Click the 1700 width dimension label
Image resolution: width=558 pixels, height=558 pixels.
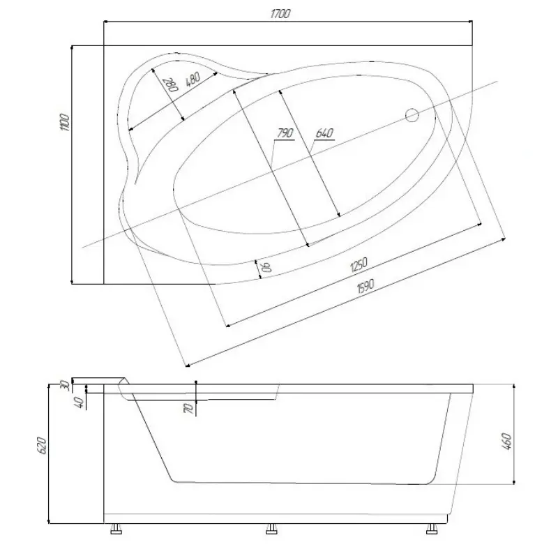coord(280,14)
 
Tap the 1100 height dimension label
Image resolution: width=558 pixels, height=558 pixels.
coord(65,123)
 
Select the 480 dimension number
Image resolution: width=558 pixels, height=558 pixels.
coord(193,80)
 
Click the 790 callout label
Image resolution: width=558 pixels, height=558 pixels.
coord(285,133)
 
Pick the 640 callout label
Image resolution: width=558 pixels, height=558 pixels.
coord(324,133)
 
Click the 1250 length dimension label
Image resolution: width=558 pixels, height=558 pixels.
coord(359,264)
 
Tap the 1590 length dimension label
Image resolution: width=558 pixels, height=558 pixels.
coord(365,286)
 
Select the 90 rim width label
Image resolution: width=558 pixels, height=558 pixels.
coord(266,266)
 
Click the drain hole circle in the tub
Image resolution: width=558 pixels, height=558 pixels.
coord(412,115)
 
